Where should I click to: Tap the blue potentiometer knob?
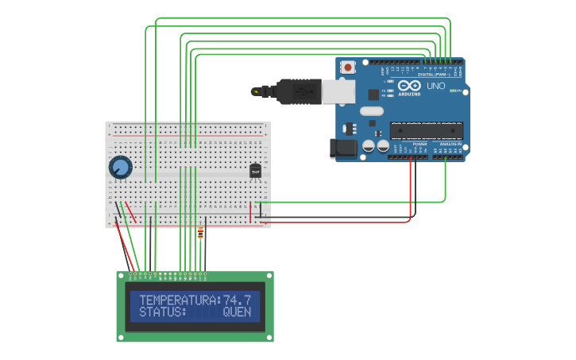(x=120, y=168)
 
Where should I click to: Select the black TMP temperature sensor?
(x=255, y=171)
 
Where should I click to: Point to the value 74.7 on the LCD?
(x=238, y=300)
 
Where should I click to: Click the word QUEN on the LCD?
(x=237, y=312)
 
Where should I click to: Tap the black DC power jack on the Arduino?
(x=343, y=148)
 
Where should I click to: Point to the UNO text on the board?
(x=436, y=86)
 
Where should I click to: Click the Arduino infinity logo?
(x=409, y=85)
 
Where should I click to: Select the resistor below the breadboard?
(x=200, y=233)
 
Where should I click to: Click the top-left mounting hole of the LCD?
(x=122, y=276)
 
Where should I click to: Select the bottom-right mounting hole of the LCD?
(x=269, y=338)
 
